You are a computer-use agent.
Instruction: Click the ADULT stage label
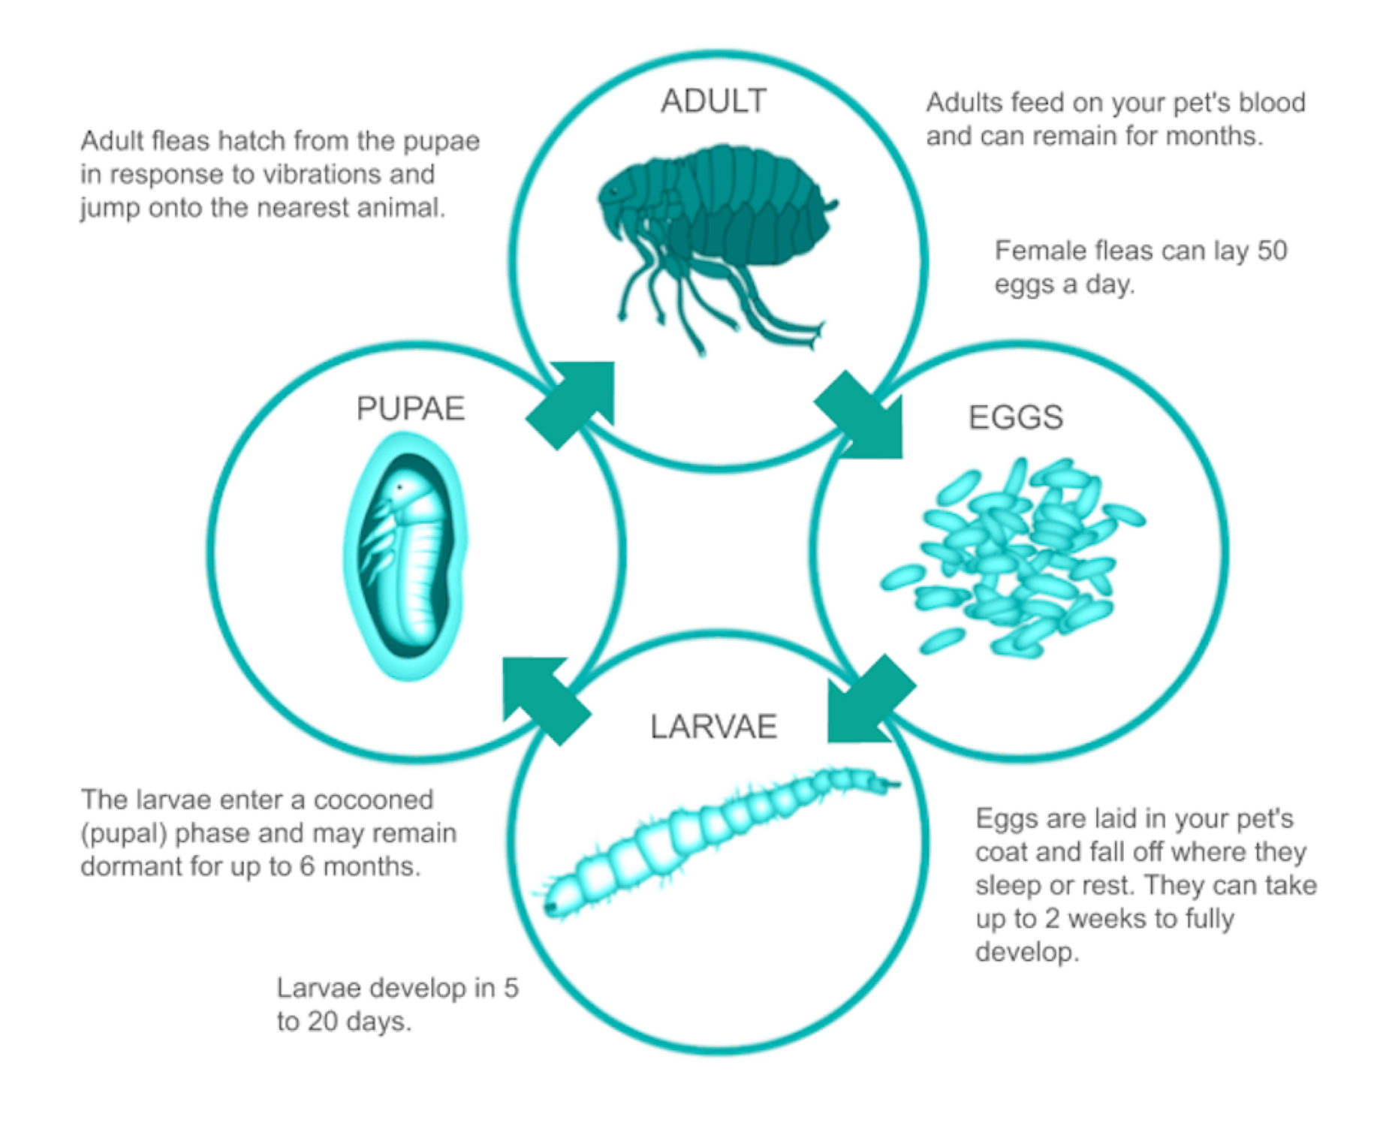coord(713,101)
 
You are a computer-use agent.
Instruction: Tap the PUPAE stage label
coord(411,409)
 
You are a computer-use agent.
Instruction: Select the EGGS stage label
coord(1016,417)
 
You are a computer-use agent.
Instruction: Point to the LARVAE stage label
coord(713,727)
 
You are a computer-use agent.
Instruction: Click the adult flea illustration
coord(717,248)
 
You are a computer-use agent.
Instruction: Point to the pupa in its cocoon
coord(406,556)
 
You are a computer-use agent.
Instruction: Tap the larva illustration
coord(717,841)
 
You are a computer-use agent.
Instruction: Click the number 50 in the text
coord(1272,251)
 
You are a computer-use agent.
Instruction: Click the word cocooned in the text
coord(373,800)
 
